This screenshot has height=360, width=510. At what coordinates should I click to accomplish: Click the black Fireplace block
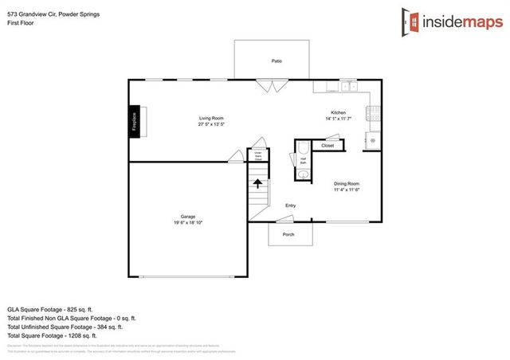pos(135,121)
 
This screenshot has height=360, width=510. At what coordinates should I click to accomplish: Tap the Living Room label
pos(210,118)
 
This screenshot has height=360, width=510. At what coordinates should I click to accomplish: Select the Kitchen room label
pos(339,113)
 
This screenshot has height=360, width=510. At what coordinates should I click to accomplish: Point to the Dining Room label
pos(347,184)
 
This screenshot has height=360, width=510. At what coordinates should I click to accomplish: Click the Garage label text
pos(188,216)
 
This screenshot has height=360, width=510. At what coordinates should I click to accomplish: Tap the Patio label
pos(277,61)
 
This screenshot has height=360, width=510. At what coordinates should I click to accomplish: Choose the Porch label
pos(288,234)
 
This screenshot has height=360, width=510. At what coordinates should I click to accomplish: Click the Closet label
pos(328,146)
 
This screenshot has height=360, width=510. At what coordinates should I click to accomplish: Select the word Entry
pos(291,206)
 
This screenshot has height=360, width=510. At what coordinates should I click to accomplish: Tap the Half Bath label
pos(304,161)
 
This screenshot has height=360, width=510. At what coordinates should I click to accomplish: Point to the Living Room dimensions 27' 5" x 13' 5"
pos(210,124)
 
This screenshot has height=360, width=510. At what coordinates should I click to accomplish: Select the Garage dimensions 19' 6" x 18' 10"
pos(188,222)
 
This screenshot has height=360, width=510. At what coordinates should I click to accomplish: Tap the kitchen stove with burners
pos(371,113)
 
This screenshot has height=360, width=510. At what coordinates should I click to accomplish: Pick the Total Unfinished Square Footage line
pos(65,326)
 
